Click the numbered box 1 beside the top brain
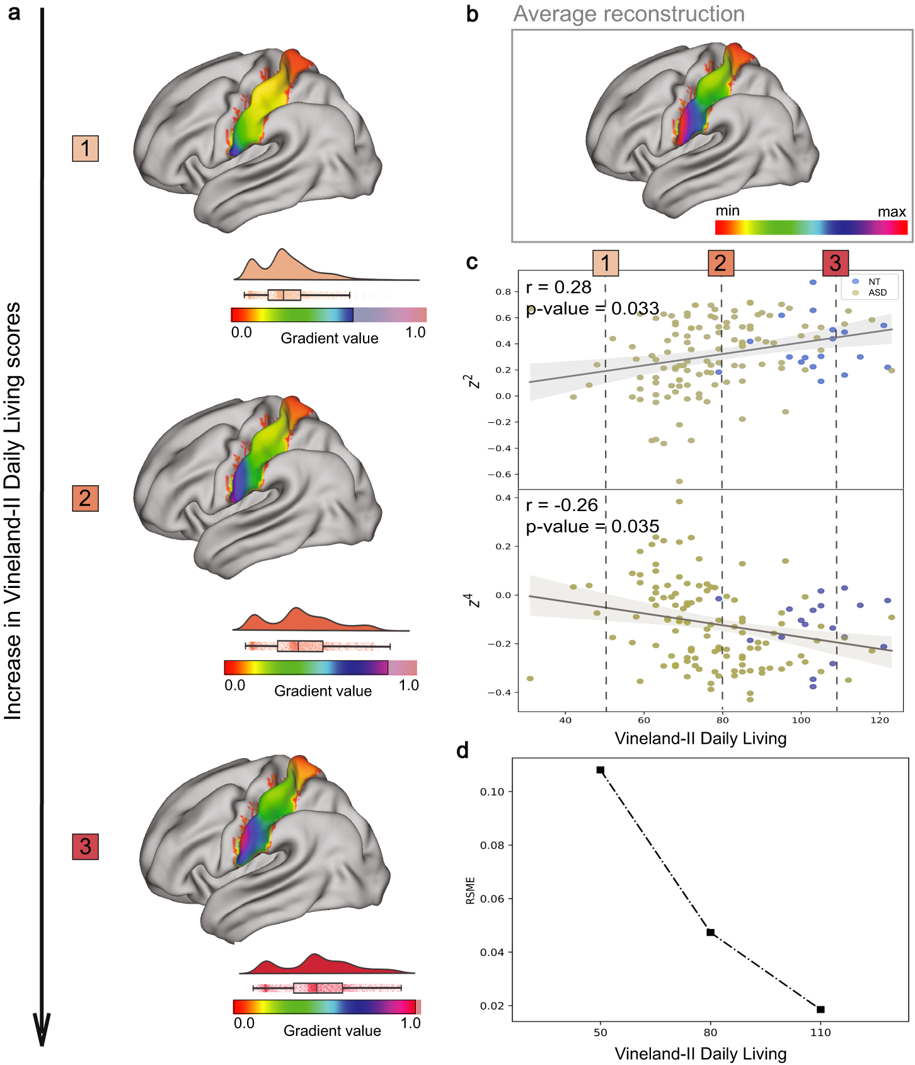pos(85,149)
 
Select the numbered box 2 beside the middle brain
pos(85,498)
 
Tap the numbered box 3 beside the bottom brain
pos(85,846)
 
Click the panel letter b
pos(472,14)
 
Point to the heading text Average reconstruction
pos(628,14)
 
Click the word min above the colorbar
pos(727,211)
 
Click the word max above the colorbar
pos(891,212)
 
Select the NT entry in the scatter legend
pos(873,282)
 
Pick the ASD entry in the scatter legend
pos(877,292)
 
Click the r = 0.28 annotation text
pos(558,287)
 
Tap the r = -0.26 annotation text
pos(561,505)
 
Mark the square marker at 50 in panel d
pos(601,770)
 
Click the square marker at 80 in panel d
pos(710,932)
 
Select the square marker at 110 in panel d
pos(820,1009)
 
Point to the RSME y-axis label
pos(470,890)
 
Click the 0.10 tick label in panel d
pos(492,792)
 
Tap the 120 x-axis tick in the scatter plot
pos(879,720)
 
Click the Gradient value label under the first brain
pos(329,338)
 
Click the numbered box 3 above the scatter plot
pos(835,263)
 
